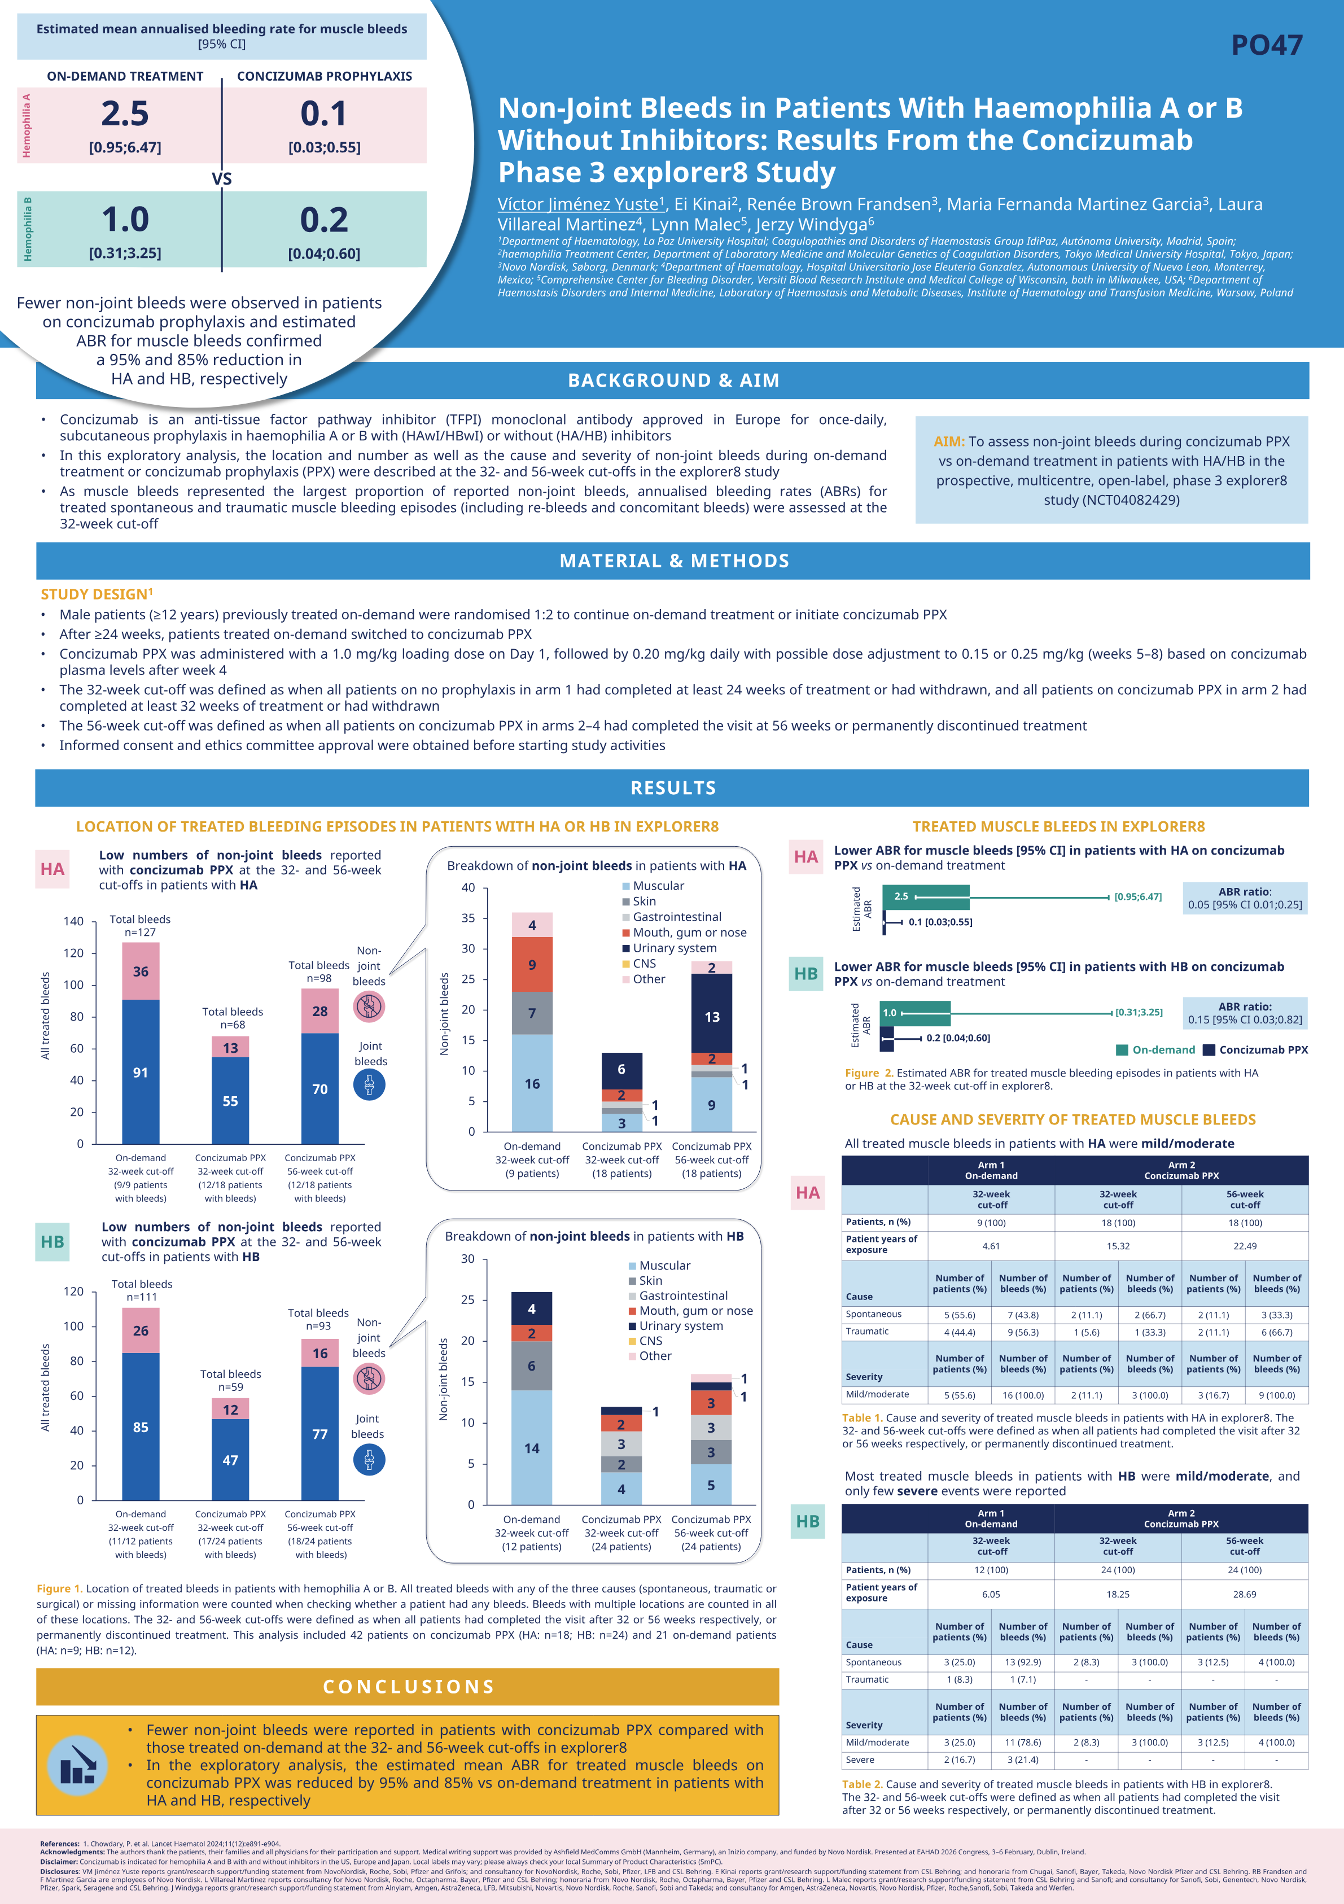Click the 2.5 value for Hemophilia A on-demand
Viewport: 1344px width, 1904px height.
pos(125,113)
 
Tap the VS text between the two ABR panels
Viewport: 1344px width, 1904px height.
pos(221,179)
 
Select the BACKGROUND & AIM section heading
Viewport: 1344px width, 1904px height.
pos(673,380)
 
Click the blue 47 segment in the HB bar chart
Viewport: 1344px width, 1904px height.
pos(230,1460)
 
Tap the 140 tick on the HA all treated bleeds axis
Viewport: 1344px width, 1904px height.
pos(74,921)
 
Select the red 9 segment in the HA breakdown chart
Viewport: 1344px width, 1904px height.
pos(532,965)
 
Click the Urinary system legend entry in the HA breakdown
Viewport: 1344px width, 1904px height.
pos(674,948)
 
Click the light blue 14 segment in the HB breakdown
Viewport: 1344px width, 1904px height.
pos(532,1448)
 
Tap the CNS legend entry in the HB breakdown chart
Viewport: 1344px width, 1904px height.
pos(650,1340)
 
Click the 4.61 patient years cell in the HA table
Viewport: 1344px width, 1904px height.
pos(991,1246)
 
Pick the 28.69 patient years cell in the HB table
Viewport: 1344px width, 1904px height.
pos(1245,1594)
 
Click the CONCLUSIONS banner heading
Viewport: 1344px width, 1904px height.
pos(408,1687)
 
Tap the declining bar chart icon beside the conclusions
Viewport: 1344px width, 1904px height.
pos(77,1764)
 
